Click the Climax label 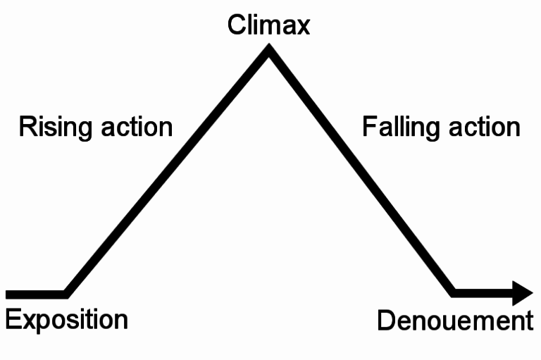coord(268,25)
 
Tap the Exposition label coord(66,319)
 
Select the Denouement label coord(455,321)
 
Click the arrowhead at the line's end coord(522,292)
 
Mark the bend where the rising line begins coord(66,292)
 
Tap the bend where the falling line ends coord(454,291)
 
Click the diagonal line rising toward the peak coord(167,172)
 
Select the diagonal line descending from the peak coord(361,172)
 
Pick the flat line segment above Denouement coord(483,292)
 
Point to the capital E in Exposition coord(12,318)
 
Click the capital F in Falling coord(368,128)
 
